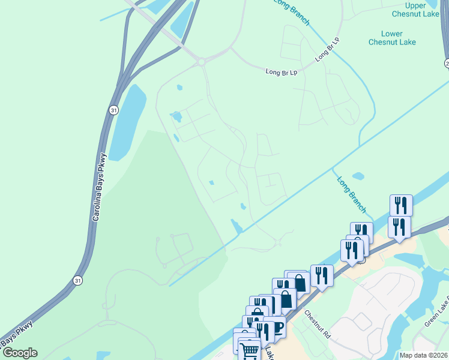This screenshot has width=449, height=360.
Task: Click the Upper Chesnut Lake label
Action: pos(415,9)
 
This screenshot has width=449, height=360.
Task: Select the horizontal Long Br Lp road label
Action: pos(282,71)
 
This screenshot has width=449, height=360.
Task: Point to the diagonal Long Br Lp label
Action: pos(328,50)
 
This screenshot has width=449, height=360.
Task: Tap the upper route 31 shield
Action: pos(113,110)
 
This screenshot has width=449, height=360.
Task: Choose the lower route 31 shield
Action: pos(77,280)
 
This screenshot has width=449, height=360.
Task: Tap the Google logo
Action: pos(19,353)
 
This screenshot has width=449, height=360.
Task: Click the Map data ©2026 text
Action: pos(423,355)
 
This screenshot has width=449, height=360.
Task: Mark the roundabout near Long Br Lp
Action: pos(201,61)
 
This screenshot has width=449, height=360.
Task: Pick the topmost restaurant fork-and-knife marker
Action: pos(400,205)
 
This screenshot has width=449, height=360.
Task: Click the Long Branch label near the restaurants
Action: pos(351,194)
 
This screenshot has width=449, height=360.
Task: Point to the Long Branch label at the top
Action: pos(292,11)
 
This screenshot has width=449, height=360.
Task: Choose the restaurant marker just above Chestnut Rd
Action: pos(322,275)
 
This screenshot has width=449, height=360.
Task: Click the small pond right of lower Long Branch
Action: pos(358,176)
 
